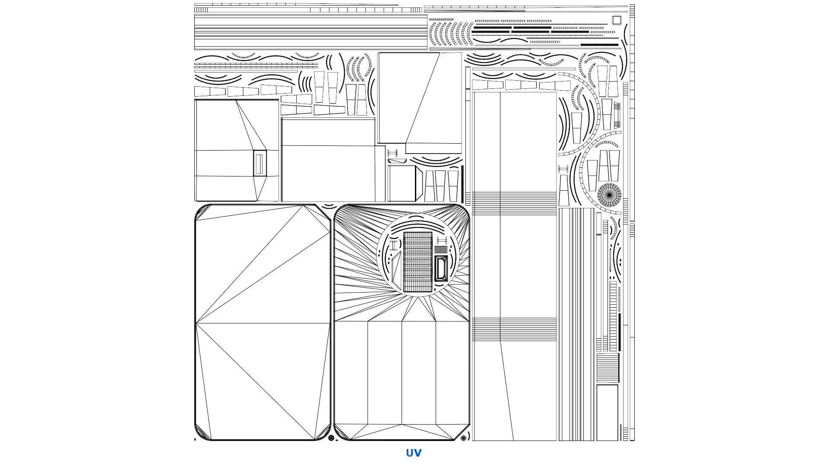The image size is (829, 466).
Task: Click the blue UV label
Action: [x=414, y=453]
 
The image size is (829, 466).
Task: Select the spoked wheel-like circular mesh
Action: [x=609, y=195]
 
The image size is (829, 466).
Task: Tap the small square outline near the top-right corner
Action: [x=616, y=20]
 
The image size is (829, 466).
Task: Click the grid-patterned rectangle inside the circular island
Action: [x=418, y=261]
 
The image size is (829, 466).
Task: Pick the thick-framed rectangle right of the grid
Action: [x=441, y=268]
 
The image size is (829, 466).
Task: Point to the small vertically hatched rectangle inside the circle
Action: [x=440, y=249]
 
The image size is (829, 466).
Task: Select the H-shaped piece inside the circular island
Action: [x=441, y=240]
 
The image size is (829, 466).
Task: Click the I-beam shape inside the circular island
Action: [x=394, y=246]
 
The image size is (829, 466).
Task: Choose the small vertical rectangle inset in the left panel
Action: [x=259, y=164]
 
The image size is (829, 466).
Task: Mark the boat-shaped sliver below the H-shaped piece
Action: [x=397, y=161]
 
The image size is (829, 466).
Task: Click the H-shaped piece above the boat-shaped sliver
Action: [x=392, y=153]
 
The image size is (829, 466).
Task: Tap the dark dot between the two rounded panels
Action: [x=331, y=438]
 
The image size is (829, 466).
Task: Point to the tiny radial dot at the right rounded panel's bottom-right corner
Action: [x=464, y=438]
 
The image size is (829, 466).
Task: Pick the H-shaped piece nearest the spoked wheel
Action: [x=563, y=169]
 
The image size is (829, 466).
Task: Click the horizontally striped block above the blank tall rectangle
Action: [x=608, y=368]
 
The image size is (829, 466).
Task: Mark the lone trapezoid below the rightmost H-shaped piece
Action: [x=563, y=190]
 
